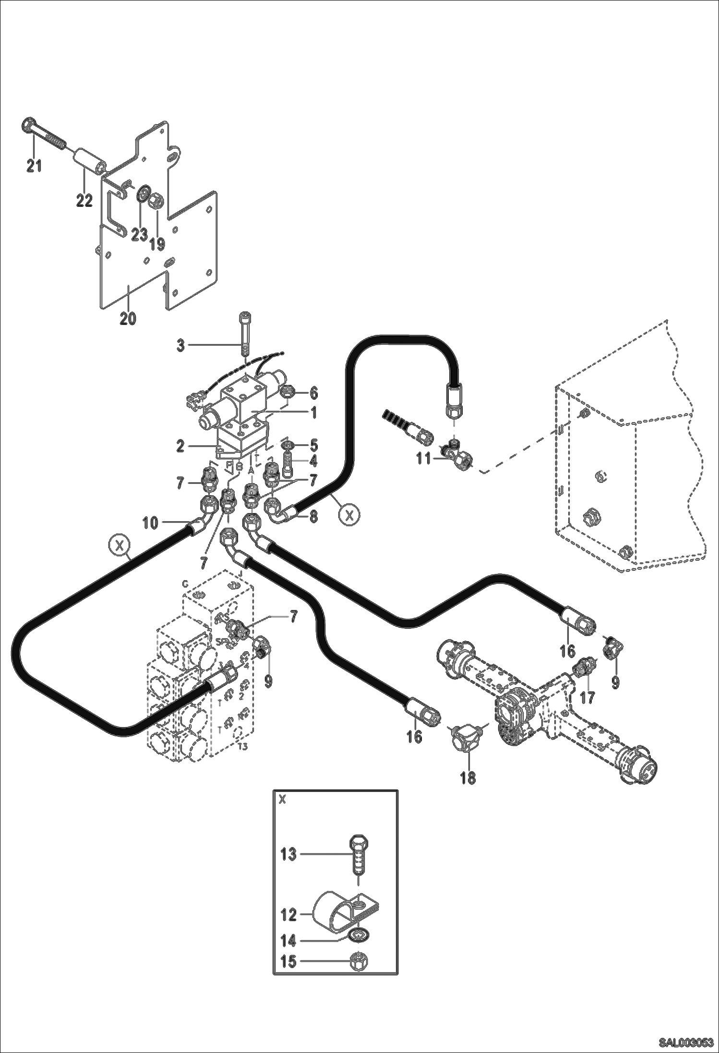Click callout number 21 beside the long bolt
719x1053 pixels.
click(x=34, y=167)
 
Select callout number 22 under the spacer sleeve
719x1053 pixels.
click(x=84, y=200)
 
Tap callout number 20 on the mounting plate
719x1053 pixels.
click(x=128, y=319)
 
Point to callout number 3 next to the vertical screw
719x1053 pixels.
click(x=180, y=345)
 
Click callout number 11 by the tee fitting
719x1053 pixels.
click(x=423, y=459)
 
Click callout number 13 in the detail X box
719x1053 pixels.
click(x=288, y=855)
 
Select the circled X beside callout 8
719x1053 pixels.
click(x=349, y=515)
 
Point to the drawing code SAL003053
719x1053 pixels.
click(x=685, y=1040)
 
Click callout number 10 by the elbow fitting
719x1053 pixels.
click(x=150, y=523)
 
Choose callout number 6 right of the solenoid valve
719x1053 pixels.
click(x=313, y=394)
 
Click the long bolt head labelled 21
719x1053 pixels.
click(x=28, y=126)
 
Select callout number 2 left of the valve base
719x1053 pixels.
click(x=180, y=446)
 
